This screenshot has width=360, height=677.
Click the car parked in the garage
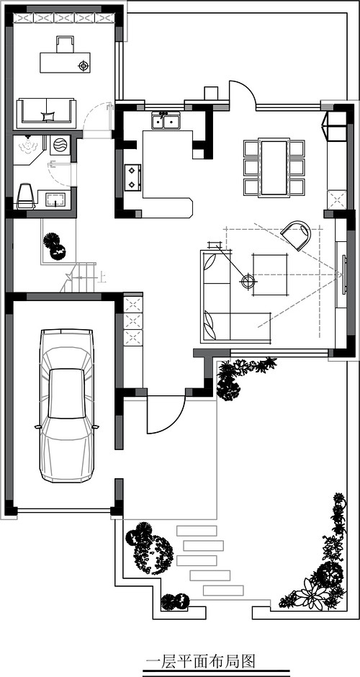66,406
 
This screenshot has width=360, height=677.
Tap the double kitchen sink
166,121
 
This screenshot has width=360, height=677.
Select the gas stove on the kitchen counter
134,177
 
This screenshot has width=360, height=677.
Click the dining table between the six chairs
274,168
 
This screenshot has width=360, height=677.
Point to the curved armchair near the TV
296,235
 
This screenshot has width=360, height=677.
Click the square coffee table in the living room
270,274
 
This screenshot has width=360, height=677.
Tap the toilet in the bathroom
25,197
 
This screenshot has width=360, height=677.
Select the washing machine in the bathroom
60,145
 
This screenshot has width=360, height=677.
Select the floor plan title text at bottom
201,661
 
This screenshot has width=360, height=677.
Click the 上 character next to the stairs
102,277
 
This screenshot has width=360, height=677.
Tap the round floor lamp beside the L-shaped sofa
248,281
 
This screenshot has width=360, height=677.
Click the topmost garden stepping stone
197,531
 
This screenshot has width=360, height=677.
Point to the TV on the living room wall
344,274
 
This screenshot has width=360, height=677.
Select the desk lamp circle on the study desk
84,66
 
